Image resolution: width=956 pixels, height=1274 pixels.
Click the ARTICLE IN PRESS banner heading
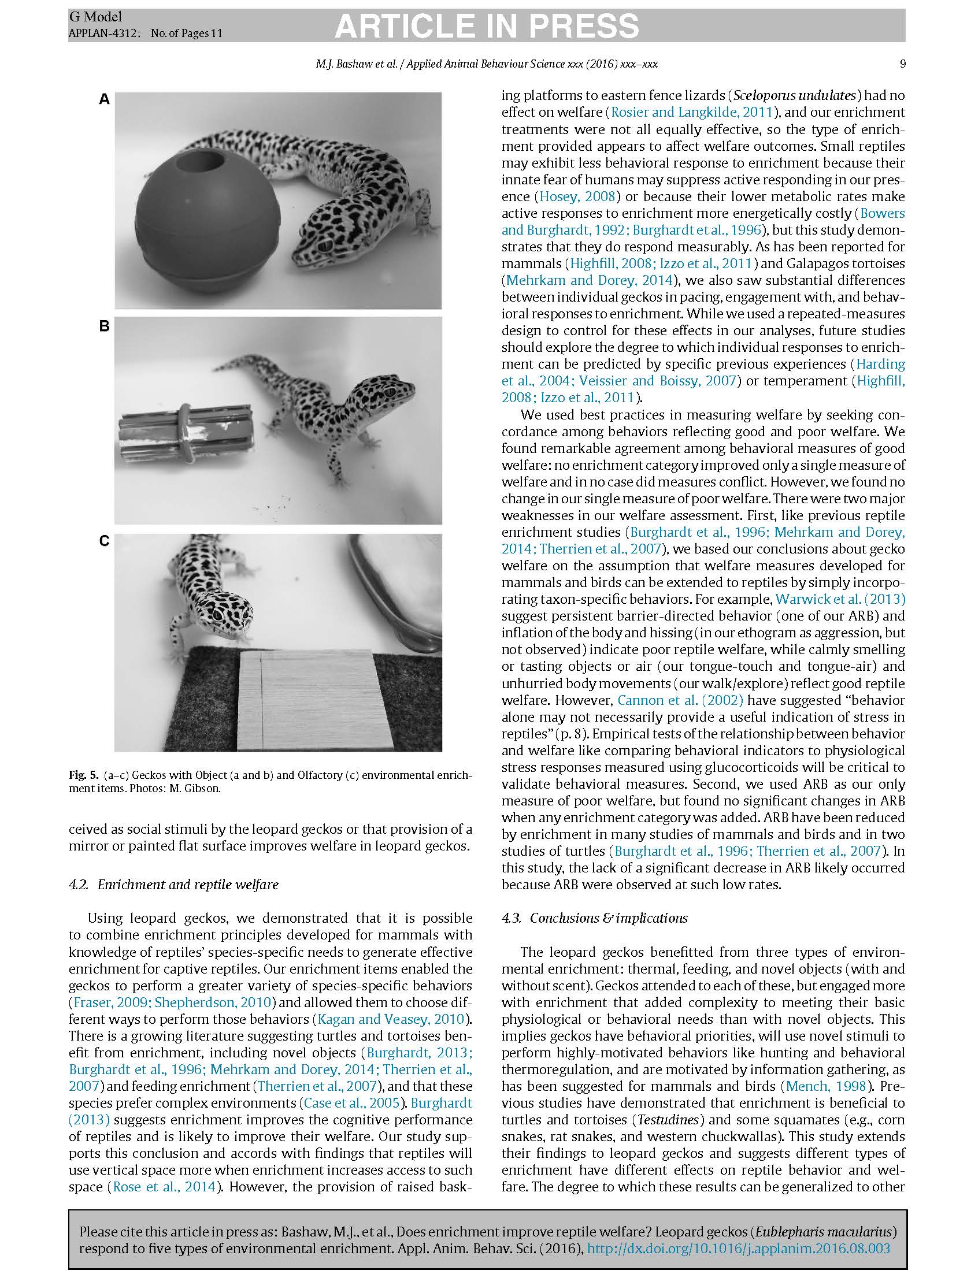coord(487,26)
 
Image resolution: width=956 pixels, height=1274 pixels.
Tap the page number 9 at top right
coord(902,64)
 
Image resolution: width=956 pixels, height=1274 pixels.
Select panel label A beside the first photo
coord(104,100)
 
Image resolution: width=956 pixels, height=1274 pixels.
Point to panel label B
coord(104,326)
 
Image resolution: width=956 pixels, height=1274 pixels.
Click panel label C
coord(104,541)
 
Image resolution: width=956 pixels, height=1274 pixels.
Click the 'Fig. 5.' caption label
coord(84,775)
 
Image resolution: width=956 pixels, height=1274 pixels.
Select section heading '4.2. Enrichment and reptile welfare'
coord(173,885)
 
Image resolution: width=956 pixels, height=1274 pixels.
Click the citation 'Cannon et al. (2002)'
coord(680,700)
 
